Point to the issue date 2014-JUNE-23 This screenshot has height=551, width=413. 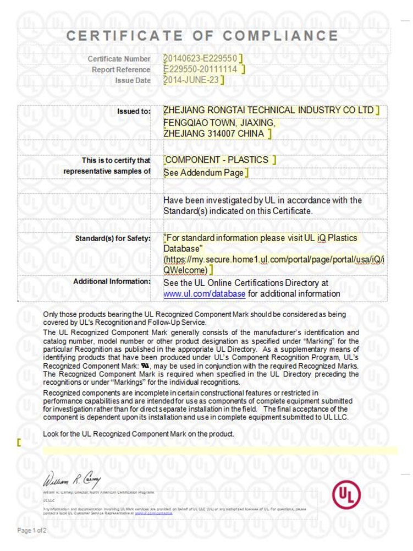tap(192, 80)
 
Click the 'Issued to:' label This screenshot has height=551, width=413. tap(134, 112)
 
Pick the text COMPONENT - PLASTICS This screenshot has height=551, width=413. tap(217, 160)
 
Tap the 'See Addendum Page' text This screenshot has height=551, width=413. tap(203, 173)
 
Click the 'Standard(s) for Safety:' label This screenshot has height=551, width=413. tap(113, 239)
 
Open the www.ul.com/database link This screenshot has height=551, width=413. tap(205, 294)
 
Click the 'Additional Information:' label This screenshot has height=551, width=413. tap(112, 282)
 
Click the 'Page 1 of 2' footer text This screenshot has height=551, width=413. tap(32, 531)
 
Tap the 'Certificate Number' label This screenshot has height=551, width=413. tap(119, 59)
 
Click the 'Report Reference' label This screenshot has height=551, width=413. tap(121, 70)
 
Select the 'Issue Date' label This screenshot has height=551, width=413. tap(133, 81)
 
